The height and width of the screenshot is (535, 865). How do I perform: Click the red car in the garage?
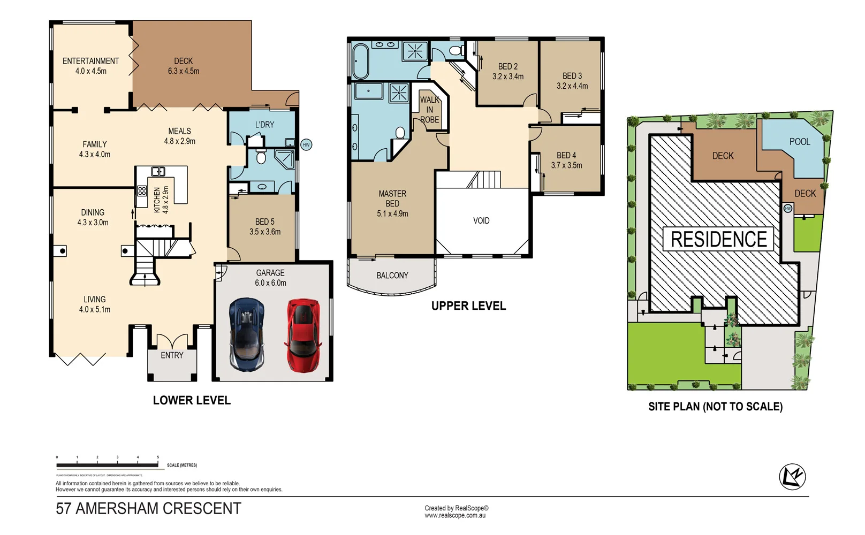click(303, 335)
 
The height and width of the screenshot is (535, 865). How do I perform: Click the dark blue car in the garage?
click(247, 335)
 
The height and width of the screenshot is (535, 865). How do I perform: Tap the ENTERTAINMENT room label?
click(90, 61)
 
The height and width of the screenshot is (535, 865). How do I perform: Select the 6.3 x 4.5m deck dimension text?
click(184, 71)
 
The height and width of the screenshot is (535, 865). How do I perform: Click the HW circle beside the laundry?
click(306, 145)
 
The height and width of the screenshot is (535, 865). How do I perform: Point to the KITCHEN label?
click(157, 200)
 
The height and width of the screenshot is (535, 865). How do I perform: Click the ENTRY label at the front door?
click(172, 355)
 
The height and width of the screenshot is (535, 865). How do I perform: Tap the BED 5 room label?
click(264, 221)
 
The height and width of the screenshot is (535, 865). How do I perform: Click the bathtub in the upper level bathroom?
click(360, 61)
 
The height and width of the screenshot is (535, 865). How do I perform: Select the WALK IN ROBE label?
click(429, 110)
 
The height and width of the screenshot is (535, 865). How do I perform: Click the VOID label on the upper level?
click(481, 220)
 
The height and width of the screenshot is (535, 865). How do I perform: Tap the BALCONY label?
click(392, 276)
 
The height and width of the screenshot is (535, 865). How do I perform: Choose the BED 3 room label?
click(572, 76)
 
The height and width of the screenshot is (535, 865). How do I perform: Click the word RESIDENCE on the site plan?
click(718, 239)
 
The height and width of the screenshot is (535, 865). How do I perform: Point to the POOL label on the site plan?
click(800, 142)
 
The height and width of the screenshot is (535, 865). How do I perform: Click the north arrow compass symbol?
click(792, 476)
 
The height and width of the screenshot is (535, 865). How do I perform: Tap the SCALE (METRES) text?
click(182, 465)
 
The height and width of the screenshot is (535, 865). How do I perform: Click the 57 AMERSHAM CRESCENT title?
click(148, 508)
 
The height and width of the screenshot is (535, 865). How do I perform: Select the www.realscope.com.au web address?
click(455, 516)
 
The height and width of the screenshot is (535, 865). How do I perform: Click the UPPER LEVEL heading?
click(468, 306)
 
